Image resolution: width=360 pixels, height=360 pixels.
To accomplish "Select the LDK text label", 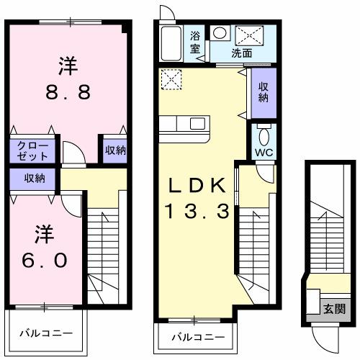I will click(x=198, y=186).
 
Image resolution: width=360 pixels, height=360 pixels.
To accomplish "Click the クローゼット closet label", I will click(x=32, y=150).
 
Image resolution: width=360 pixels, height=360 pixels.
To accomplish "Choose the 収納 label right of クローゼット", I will click(x=115, y=150).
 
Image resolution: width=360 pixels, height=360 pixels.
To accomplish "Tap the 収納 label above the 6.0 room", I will click(x=33, y=178).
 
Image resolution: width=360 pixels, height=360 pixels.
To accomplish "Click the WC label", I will click(x=263, y=152).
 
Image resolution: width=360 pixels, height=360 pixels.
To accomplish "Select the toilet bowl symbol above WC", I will click(x=264, y=135).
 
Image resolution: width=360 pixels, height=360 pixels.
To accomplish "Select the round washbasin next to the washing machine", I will click(x=220, y=32).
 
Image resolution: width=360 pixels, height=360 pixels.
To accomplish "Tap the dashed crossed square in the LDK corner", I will click(x=171, y=78).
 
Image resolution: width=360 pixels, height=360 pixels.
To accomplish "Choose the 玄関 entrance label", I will click(x=333, y=309).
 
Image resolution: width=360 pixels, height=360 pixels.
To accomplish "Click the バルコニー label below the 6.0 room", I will click(x=46, y=334).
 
